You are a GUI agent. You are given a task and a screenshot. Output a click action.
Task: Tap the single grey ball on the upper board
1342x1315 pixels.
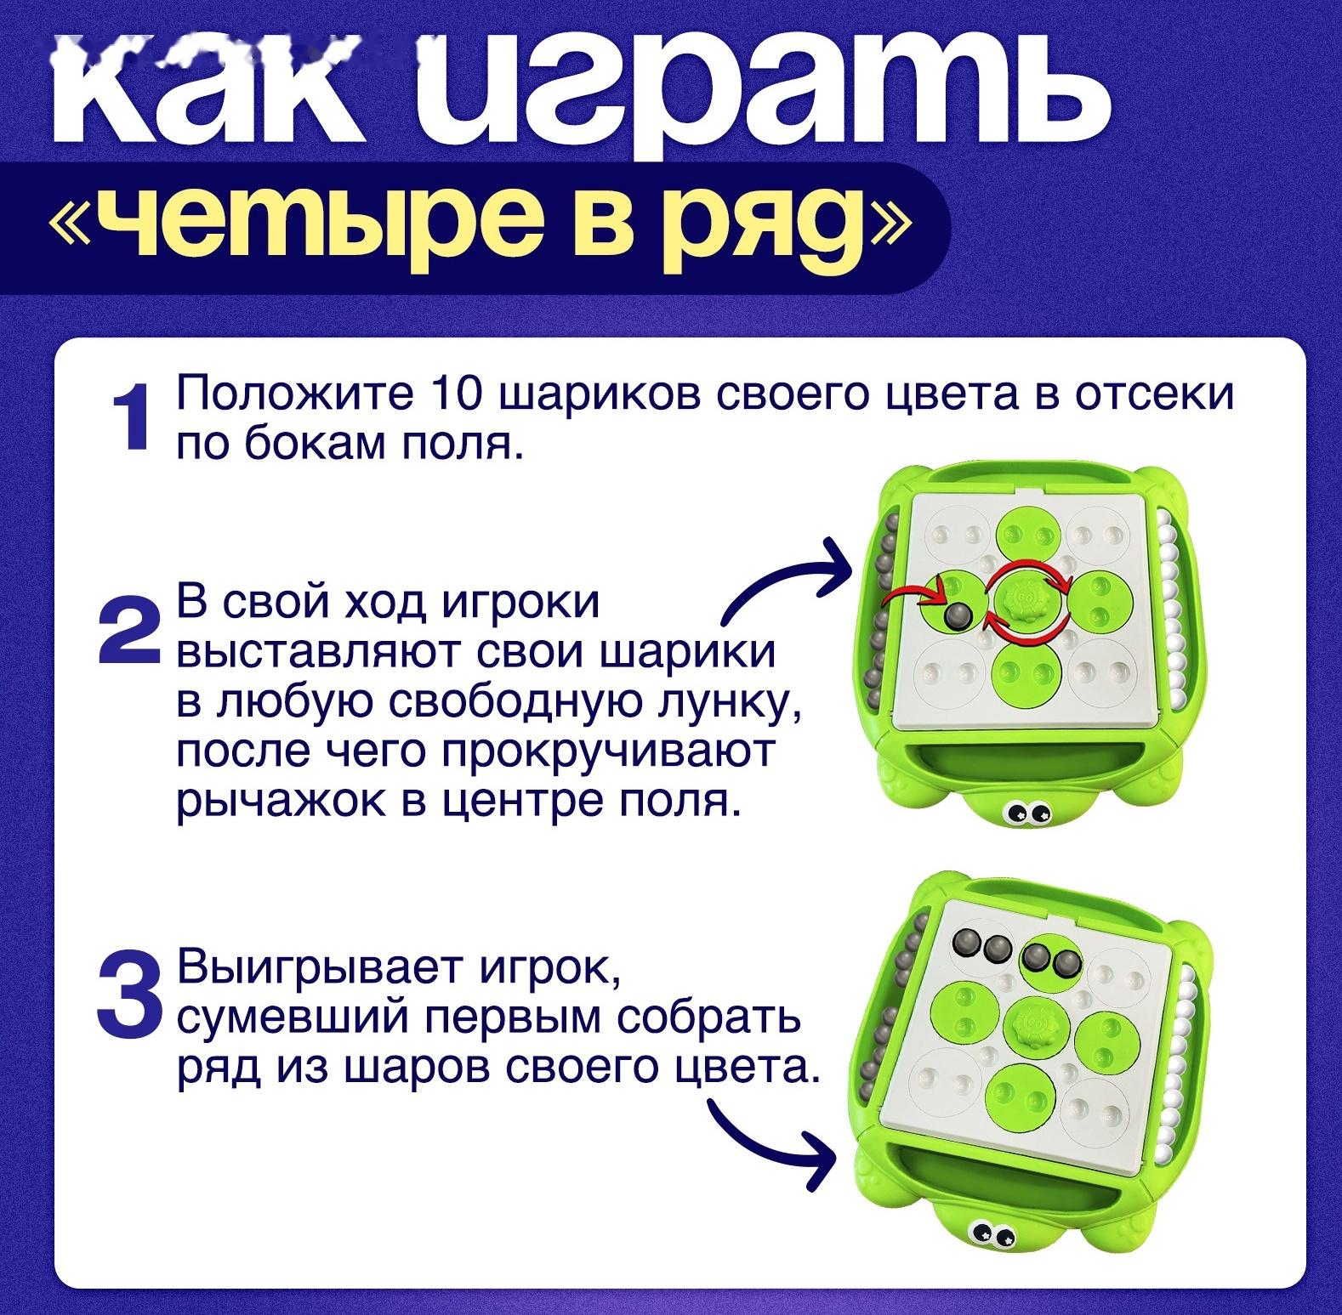[957, 615]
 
